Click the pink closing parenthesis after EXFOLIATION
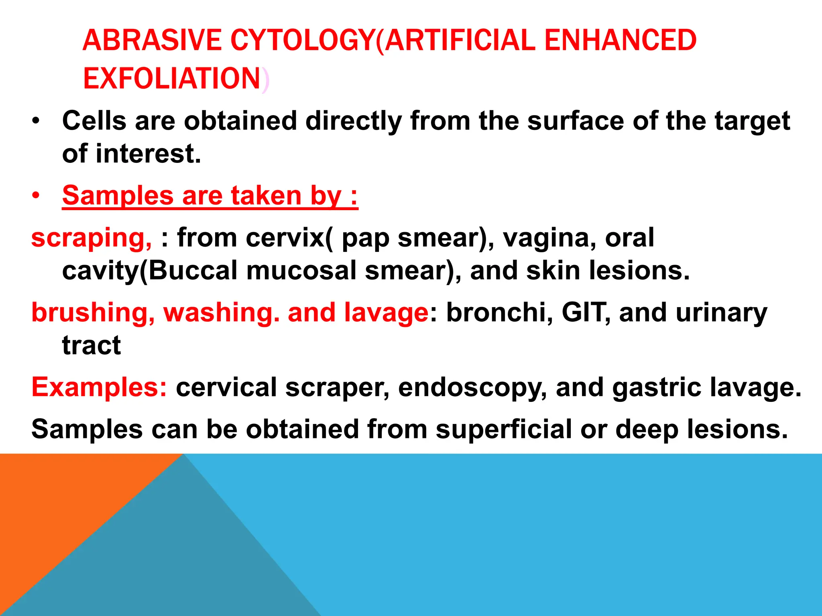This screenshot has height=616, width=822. point(265,80)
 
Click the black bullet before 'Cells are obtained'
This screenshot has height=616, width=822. point(36,121)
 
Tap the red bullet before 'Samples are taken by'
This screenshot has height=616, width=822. point(36,196)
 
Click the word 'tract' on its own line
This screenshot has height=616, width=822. point(91,345)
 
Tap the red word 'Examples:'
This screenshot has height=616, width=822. point(99,387)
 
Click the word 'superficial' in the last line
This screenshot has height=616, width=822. point(503,429)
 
